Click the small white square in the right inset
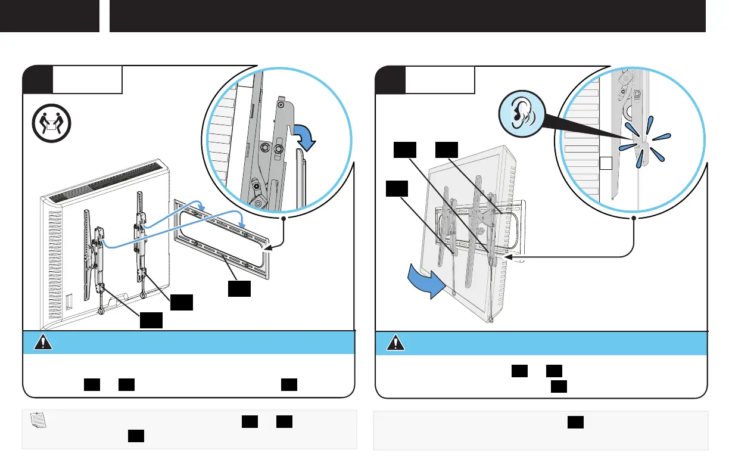click(605, 162)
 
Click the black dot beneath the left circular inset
click(283, 219)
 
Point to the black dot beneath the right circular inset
click(634, 219)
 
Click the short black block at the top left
click(49, 16)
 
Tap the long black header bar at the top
click(407, 16)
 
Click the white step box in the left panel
click(88, 80)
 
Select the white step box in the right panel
click(440, 80)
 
